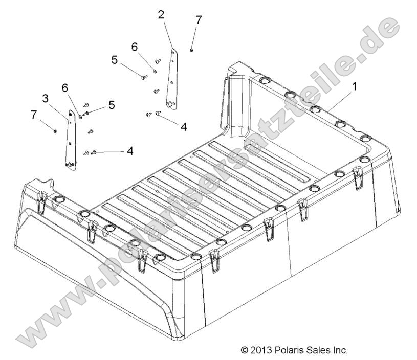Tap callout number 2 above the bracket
[162, 14]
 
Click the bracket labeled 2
[173, 79]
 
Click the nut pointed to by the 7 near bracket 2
[191, 50]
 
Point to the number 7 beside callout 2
[199, 20]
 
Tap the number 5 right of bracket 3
[111, 105]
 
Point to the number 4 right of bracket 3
[130, 151]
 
